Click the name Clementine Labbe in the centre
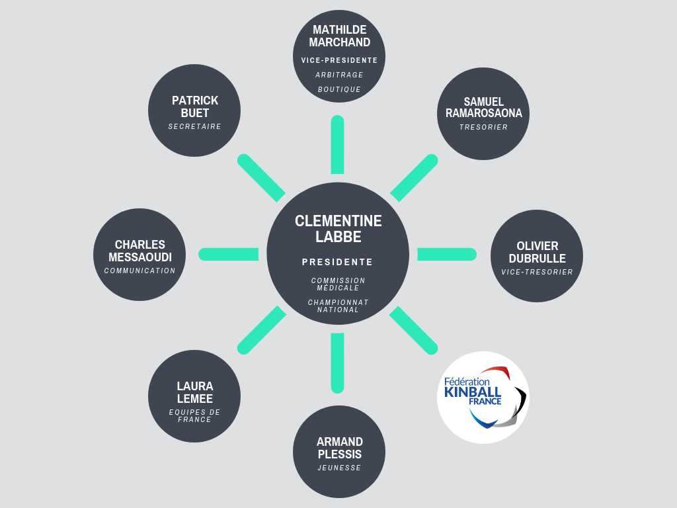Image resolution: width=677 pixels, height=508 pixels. pyautogui.click(x=338, y=229)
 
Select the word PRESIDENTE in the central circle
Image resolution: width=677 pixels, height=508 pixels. pyautogui.click(x=338, y=262)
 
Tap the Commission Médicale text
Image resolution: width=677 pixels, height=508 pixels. pyautogui.click(x=338, y=284)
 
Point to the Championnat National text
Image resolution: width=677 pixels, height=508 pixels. pyautogui.click(x=338, y=306)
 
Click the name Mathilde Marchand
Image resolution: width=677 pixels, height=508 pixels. pyautogui.click(x=339, y=36)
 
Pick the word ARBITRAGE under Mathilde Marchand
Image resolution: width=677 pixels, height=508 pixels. pyautogui.click(x=339, y=75)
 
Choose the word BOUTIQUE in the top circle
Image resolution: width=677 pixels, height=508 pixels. pyautogui.click(x=339, y=89)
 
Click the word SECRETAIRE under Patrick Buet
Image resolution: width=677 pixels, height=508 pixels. pyautogui.click(x=195, y=126)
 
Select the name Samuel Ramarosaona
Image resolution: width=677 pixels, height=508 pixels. pyautogui.click(x=483, y=107)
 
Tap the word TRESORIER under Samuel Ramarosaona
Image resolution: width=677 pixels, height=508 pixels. pyautogui.click(x=483, y=127)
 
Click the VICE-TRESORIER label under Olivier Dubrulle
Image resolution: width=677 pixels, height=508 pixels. pyautogui.click(x=537, y=272)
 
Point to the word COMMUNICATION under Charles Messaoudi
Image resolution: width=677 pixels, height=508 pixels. pyautogui.click(x=140, y=271)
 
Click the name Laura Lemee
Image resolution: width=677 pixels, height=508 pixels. pyautogui.click(x=195, y=392)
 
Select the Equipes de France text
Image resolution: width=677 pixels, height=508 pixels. pyautogui.click(x=195, y=415)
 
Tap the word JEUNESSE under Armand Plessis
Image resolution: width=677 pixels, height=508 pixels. pyautogui.click(x=339, y=468)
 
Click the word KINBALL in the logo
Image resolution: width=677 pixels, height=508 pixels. pyautogui.click(x=473, y=392)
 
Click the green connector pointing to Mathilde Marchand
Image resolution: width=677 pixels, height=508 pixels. pyautogui.click(x=338, y=145)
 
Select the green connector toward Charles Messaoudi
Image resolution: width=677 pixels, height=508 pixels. pyautogui.click(x=228, y=255)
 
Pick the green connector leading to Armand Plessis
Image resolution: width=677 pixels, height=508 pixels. pyautogui.click(x=338, y=363)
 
